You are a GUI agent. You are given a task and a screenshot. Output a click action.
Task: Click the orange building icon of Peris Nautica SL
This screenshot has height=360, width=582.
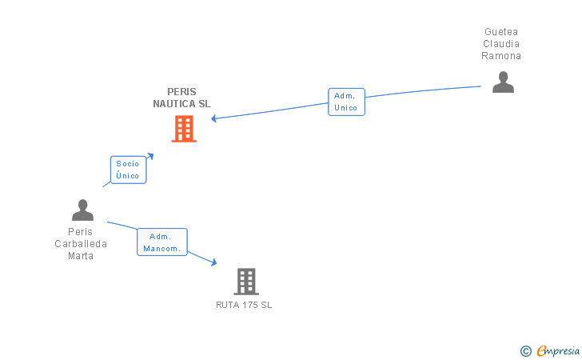point(184,129)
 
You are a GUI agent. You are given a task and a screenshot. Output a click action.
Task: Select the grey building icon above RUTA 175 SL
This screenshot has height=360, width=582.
point(246,281)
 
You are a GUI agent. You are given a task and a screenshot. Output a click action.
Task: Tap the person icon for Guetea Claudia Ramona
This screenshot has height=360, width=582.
point(503,82)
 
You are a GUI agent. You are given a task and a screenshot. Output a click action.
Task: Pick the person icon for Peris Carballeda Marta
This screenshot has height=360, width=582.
point(82,210)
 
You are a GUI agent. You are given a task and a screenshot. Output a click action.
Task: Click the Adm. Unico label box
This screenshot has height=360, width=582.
point(346,102)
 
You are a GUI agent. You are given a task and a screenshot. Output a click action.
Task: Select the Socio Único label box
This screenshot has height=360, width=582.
point(128,170)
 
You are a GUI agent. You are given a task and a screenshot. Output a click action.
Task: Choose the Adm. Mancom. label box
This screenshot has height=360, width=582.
point(161,242)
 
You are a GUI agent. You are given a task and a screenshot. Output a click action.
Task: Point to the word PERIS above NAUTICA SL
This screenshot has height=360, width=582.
point(181,92)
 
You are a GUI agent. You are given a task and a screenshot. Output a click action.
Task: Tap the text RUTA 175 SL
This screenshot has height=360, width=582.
point(244,305)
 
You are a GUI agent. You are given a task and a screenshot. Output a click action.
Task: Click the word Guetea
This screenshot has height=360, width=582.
point(501,32)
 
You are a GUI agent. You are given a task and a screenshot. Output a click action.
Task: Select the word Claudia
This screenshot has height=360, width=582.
point(501,44)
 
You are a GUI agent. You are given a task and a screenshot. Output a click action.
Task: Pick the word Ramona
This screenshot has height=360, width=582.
point(501,56)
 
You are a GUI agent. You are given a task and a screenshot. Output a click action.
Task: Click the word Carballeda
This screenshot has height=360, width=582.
point(81,244)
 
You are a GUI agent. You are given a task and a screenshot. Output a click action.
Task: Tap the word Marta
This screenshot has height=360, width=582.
point(81,256)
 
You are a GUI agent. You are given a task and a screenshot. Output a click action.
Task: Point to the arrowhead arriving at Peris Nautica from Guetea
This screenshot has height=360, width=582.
point(214,119)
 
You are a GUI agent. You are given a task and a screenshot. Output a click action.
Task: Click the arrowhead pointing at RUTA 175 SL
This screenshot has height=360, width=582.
point(213,262)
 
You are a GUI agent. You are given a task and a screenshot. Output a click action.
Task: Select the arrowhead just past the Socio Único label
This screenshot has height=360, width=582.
point(150,155)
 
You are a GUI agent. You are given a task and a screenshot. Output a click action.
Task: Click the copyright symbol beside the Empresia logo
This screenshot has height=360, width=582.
point(525,350)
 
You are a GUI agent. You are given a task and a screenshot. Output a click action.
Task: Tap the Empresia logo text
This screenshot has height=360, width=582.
point(558,350)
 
